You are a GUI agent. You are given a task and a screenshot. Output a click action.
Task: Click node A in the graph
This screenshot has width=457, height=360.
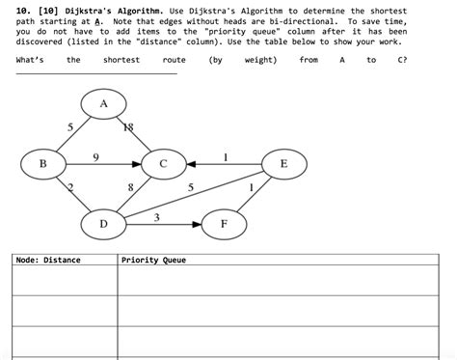pyautogui.click(x=103, y=103)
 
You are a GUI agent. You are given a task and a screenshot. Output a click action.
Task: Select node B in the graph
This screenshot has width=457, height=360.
pyautogui.click(x=42, y=164)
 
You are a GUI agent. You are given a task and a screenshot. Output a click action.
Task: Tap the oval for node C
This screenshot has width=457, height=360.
pyautogui.click(x=163, y=164)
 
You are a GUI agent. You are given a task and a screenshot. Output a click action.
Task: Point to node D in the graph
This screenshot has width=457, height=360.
pyautogui.click(x=103, y=225)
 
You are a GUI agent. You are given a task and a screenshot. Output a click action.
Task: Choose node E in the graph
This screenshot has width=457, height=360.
pyautogui.click(x=282, y=164)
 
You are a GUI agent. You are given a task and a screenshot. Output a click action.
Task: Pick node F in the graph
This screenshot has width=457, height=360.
pyautogui.click(x=224, y=225)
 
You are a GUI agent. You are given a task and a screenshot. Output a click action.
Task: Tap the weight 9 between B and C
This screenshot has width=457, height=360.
pyautogui.click(x=94, y=155)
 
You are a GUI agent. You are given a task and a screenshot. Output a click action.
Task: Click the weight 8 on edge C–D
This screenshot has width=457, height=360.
pyautogui.click(x=130, y=187)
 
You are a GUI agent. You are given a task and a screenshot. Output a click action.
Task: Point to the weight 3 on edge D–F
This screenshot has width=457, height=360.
pyautogui.click(x=157, y=217)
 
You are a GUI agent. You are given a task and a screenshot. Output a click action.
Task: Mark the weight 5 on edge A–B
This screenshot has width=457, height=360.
pyautogui.click(x=69, y=127)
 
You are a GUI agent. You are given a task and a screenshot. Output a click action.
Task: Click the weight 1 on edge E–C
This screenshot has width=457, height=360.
pyautogui.click(x=225, y=155)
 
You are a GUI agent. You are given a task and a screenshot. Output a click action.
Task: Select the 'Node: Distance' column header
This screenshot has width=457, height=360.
pyautogui.click(x=48, y=260)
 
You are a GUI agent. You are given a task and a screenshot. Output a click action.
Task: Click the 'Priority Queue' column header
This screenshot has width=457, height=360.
pyautogui.click(x=153, y=260)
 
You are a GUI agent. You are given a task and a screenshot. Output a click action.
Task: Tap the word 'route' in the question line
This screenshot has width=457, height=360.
pyautogui.click(x=175, y=60)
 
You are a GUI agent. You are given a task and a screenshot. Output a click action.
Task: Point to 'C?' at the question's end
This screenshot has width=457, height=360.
pyautogui.click(x=401, y=60)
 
